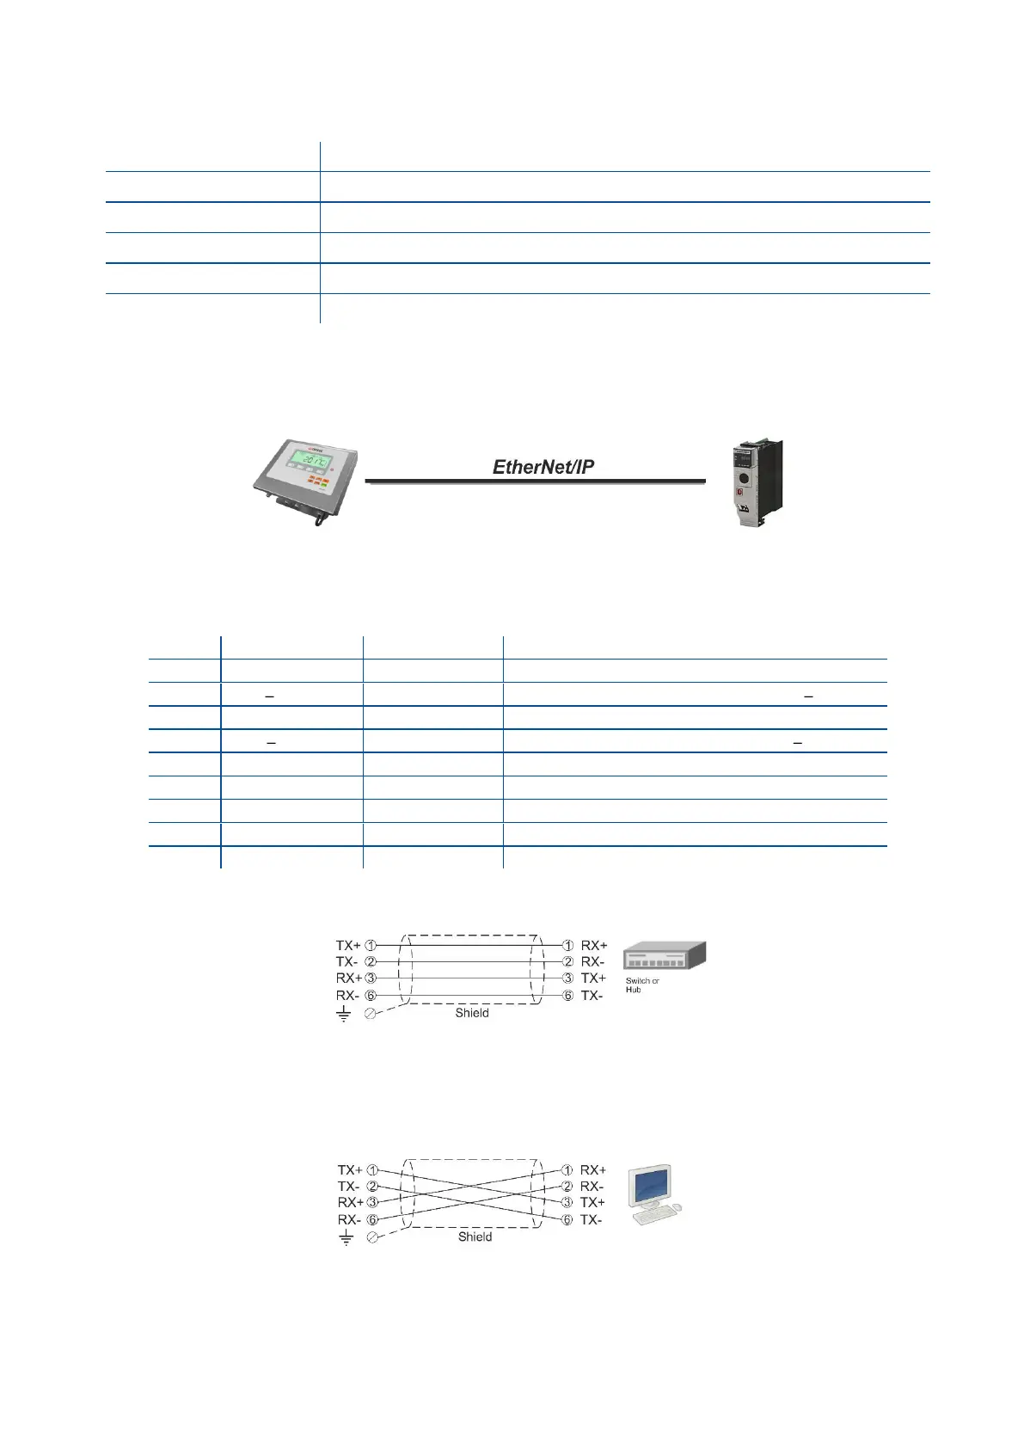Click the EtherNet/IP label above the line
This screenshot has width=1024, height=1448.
point(543,467)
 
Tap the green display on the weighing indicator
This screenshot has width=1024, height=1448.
point(309,462)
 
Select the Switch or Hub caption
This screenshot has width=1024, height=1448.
point(641,985)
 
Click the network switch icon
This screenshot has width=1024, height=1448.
point(663,955)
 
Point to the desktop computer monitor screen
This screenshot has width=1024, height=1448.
point(650,1187)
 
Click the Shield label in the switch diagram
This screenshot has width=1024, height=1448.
point(472,1013)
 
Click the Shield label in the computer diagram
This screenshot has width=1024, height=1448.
point(475,1236)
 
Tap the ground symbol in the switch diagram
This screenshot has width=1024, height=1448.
point(344,1015)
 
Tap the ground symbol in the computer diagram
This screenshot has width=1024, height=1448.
point(346,1238)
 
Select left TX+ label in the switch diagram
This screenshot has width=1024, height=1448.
point(348,945)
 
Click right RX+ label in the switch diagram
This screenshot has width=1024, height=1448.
point(593,945)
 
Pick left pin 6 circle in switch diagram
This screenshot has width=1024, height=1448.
point(371,995)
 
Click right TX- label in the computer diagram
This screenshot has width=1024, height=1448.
point(592,1220)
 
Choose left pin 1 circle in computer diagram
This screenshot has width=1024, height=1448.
point(372,1170)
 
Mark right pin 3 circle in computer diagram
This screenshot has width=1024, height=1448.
point(567,1202)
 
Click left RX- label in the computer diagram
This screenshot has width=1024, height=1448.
point(349,1220)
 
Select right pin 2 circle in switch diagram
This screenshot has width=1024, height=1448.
point(567,961)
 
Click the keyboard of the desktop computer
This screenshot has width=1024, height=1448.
point(651,1217)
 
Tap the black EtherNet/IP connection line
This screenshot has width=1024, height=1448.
point(535,482)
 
